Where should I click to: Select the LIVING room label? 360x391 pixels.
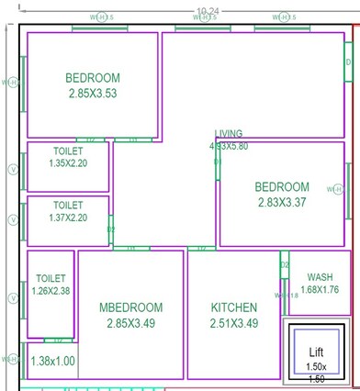point(229,134)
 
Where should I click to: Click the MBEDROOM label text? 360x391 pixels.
point(130,307)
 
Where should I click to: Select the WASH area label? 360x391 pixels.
point(320,277)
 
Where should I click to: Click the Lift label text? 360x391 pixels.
point(316,352)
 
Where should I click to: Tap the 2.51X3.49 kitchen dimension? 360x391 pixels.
point(233,323)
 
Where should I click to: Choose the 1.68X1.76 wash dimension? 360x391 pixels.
point(320,290)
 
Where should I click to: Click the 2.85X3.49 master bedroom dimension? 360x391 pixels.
point(130,323)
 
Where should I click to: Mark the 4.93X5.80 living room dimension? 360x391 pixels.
point(229,146)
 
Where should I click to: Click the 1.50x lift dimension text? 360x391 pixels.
point(316,366)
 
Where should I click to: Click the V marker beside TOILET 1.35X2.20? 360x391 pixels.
point(12,170)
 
